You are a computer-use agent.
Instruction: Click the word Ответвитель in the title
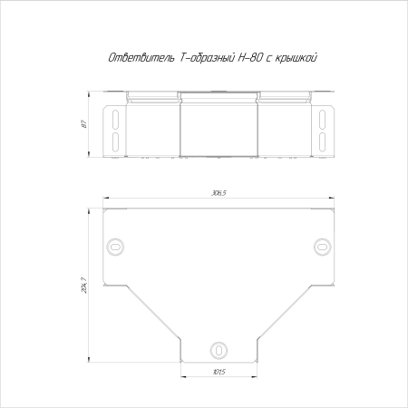pos(141,57)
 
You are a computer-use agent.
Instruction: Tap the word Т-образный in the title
pos(207,57)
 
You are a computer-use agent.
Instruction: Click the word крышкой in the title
pos(296,58)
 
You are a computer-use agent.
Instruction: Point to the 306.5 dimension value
pos(219,193)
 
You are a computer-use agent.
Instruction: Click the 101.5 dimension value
pos(219,372)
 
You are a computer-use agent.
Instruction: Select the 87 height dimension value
pos(84,124)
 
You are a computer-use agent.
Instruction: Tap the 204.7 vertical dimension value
pos(84,286)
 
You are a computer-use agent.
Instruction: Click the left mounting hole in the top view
pos(115,248)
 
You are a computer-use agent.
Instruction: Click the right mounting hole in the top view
pos(323,248)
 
